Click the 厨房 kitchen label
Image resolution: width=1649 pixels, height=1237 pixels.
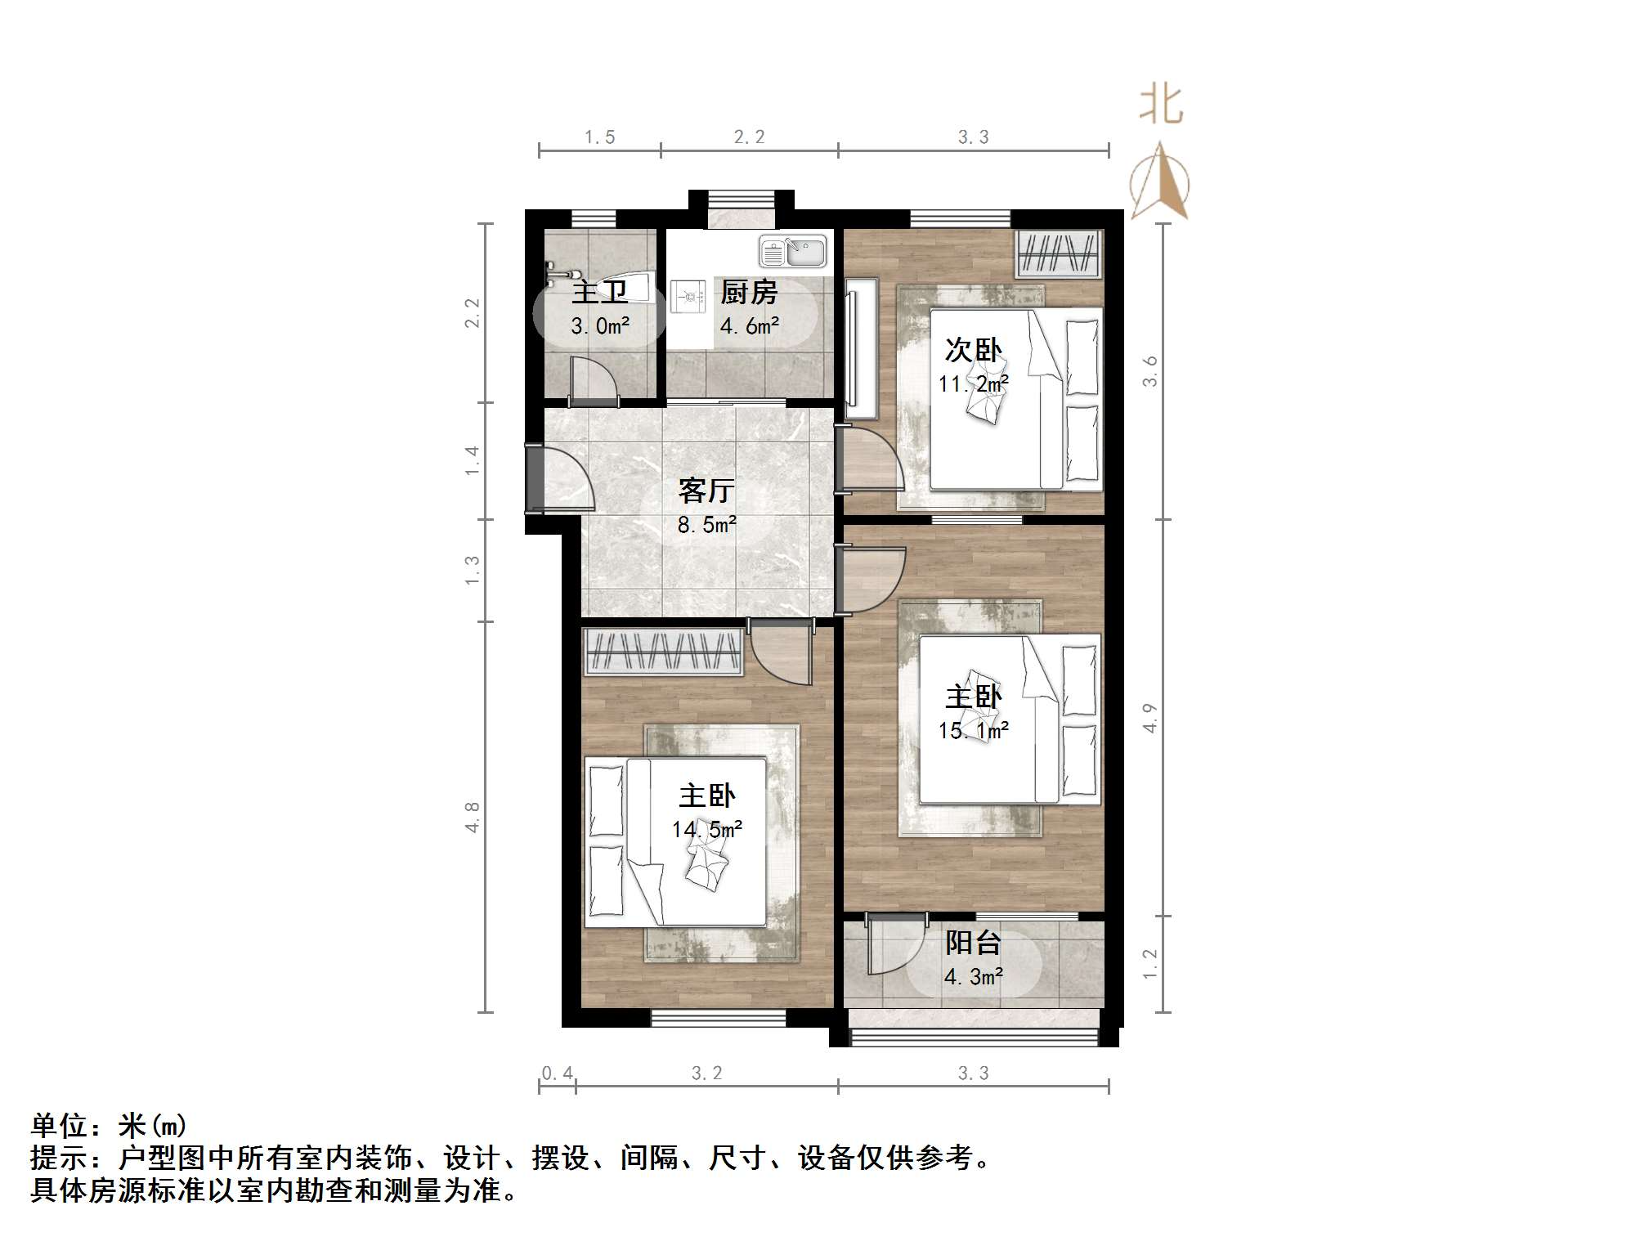[748, 292]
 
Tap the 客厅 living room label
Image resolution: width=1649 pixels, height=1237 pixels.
[706, 491]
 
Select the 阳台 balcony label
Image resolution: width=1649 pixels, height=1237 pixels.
[973, 943]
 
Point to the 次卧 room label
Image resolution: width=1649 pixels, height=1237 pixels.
[973, 350]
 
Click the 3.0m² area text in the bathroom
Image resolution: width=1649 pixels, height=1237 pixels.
[600, 326]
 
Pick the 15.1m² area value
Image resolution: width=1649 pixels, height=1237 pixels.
[973, 730]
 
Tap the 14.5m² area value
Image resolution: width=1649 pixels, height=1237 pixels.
[707, 829]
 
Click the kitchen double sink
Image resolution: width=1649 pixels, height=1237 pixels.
[792, 251]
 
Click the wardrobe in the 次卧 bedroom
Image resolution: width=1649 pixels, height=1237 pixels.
[1058, 253]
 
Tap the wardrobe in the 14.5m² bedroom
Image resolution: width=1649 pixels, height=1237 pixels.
[664, 652]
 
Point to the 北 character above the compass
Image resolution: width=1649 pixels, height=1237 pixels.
[1161, 105]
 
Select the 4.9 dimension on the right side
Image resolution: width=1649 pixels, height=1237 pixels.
[1149, 718]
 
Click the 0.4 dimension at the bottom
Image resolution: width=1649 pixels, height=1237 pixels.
[557, 1073]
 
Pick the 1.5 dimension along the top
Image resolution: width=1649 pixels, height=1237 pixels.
[599, 137]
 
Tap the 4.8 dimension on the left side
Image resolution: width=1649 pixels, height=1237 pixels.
[472, 818]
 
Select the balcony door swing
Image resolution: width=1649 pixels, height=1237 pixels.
[895, 944]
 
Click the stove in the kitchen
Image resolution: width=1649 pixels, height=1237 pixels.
[688, 297]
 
